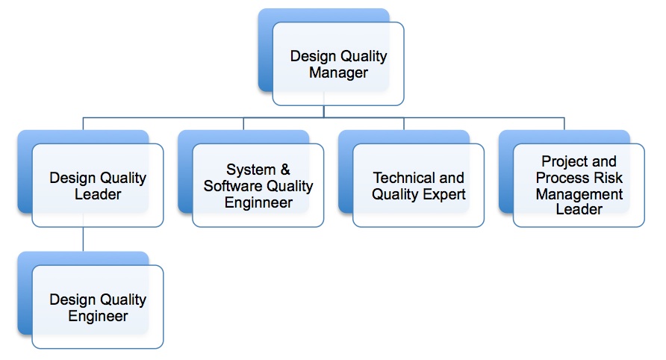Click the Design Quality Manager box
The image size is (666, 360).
338,64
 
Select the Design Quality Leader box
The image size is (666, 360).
98,186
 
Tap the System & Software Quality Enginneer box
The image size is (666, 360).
258,186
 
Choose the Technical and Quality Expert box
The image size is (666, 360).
419,186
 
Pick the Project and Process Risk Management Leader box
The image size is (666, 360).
579,186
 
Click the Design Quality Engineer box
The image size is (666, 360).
98,307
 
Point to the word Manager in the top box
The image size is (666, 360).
338,73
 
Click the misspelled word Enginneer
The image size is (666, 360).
258,202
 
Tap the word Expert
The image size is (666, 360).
444,194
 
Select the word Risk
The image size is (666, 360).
609,178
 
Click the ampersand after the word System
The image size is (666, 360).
284,170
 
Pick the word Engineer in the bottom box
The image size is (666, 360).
98,316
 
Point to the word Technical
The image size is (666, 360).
403,178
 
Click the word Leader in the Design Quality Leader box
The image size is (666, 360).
98,195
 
